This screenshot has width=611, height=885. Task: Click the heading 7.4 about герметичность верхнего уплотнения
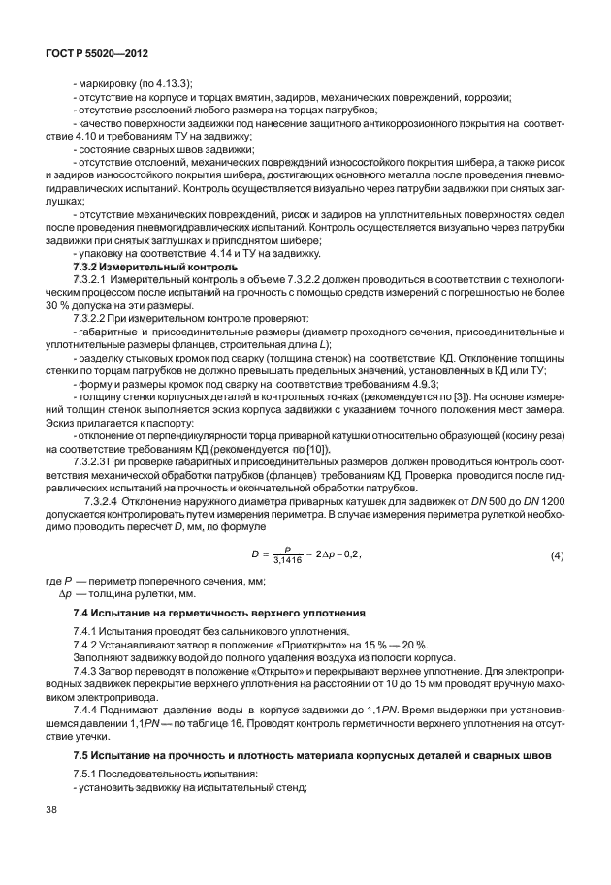(219, 615)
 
